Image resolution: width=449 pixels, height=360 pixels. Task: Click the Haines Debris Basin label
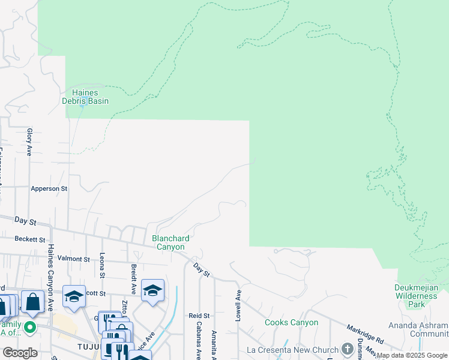point(86,97)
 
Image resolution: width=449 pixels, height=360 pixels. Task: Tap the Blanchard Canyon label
point(171,242)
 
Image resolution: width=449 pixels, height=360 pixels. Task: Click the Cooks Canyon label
point(292,322)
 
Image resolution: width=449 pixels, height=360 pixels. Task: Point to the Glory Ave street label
point(29,142)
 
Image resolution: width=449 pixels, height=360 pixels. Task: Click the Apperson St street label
point(50,188)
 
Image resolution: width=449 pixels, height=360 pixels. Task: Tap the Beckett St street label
point(31,239)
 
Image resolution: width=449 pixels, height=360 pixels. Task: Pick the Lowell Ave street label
point(238,305)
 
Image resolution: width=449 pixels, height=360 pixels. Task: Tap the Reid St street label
point(199,315)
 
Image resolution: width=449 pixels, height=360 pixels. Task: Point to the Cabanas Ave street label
point(198,343)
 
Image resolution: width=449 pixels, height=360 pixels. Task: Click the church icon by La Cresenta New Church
point(347,349)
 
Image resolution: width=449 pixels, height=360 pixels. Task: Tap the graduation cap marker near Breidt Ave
point(153,290)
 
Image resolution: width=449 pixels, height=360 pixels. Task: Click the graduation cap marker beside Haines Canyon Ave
point(74,296)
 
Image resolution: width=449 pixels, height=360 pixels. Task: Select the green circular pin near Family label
point(28,328)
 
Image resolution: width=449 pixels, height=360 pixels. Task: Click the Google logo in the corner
point(20,352)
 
